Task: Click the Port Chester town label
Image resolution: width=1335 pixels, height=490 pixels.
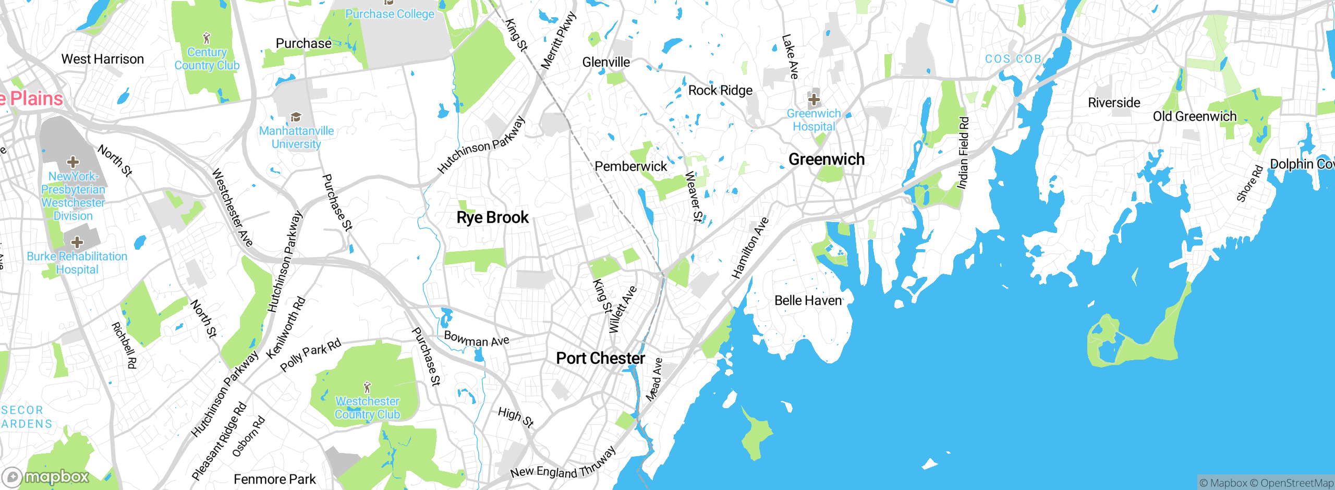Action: coord(600,359)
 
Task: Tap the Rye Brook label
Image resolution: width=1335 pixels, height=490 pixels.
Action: coord(492,217)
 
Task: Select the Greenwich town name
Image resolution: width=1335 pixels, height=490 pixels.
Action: coord(826,160)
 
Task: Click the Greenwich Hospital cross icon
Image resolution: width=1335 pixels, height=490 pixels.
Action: coord(814,99)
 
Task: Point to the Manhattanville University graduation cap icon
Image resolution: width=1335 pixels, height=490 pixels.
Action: coord(296,117)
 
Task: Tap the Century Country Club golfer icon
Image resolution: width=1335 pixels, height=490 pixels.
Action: coord(207,38)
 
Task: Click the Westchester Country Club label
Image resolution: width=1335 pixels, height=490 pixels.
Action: coord(367,408)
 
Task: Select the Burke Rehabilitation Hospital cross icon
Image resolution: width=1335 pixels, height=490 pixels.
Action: coord(77,242)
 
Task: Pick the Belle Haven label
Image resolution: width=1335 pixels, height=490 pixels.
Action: coord(808,301)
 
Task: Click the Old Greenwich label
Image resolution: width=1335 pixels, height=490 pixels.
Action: coord(1194,116)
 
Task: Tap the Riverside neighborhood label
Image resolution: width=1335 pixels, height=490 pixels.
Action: coord(1114,103)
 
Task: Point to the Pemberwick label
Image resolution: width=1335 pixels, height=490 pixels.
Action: coord(630,167)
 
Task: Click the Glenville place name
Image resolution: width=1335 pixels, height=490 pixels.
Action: coord(606,63)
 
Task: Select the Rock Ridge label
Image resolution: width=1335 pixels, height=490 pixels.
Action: coord(720,91)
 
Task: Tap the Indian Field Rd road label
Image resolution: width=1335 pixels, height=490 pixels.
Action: coord(963,153)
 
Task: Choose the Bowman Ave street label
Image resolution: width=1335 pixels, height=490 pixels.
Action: coord(476,340)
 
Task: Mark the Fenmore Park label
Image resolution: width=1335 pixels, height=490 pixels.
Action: coord(274,479)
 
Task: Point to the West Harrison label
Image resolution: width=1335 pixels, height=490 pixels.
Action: coord(102,59)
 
